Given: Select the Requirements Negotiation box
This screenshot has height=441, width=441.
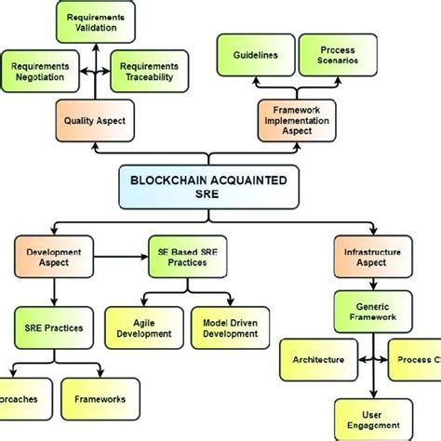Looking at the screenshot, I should pos(40,72).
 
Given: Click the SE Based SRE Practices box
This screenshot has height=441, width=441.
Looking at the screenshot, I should pos(184,258).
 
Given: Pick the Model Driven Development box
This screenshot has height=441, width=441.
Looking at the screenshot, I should pos(230,329).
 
